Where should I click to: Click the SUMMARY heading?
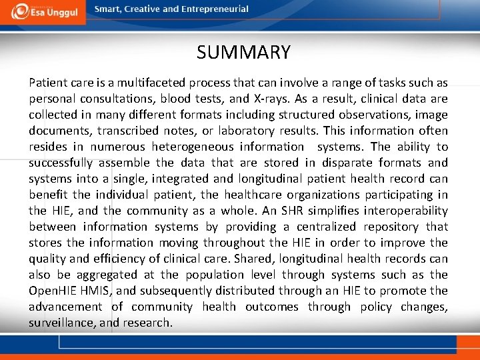pos(243,52)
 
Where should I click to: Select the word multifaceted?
pos(155,83)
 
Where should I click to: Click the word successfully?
pos(63,163)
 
